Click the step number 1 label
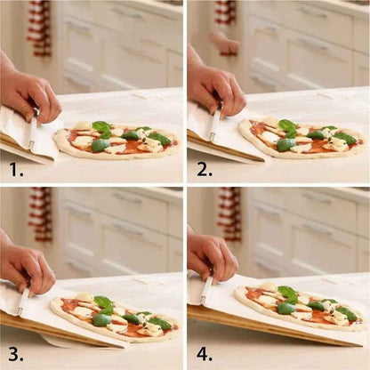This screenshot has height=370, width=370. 15,165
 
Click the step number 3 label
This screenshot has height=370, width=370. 15,351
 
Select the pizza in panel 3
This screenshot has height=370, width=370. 111,316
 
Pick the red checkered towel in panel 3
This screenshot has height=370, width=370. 39,213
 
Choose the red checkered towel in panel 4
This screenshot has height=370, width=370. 229,213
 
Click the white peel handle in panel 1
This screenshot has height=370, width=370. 33,129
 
